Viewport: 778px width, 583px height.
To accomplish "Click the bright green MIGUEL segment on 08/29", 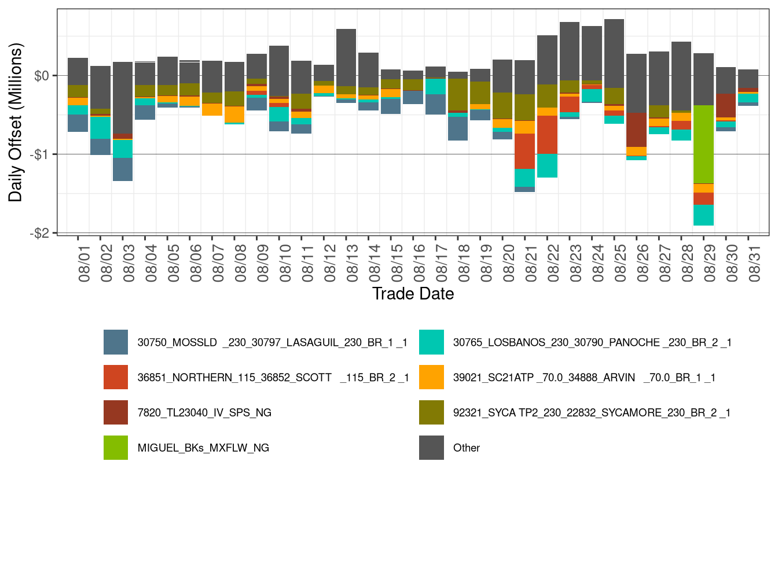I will coord(703,145).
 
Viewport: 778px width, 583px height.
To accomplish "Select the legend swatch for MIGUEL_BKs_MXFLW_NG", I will coord(116,448).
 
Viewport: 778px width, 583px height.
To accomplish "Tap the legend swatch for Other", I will coord(431,448).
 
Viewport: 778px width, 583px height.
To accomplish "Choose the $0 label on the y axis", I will coord(42,76).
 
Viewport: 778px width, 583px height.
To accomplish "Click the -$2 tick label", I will coord(42,233).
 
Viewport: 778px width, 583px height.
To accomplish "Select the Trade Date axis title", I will coord(413,294).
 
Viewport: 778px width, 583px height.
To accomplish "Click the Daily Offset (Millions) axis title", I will coord(16,122).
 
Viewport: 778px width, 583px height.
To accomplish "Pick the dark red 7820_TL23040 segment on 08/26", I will coord(636,130).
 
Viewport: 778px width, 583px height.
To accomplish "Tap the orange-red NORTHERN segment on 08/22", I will coord(547,135).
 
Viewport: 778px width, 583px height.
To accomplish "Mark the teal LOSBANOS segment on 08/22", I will coord(547,165).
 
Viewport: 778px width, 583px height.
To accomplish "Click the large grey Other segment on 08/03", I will coord(123,98).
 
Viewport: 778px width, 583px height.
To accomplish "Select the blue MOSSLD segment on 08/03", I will coord(123,169).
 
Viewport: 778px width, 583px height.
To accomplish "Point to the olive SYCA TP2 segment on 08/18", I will coord(458,94).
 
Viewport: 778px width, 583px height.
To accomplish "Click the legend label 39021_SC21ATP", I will coord(584,378).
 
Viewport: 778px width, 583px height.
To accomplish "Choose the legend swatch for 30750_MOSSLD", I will coord(116,342).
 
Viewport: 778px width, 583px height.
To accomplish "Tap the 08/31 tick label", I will coord(754,263).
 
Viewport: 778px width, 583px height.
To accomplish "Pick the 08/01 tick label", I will coord(84,263).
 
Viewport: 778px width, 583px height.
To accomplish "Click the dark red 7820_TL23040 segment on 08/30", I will coord(726,105).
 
